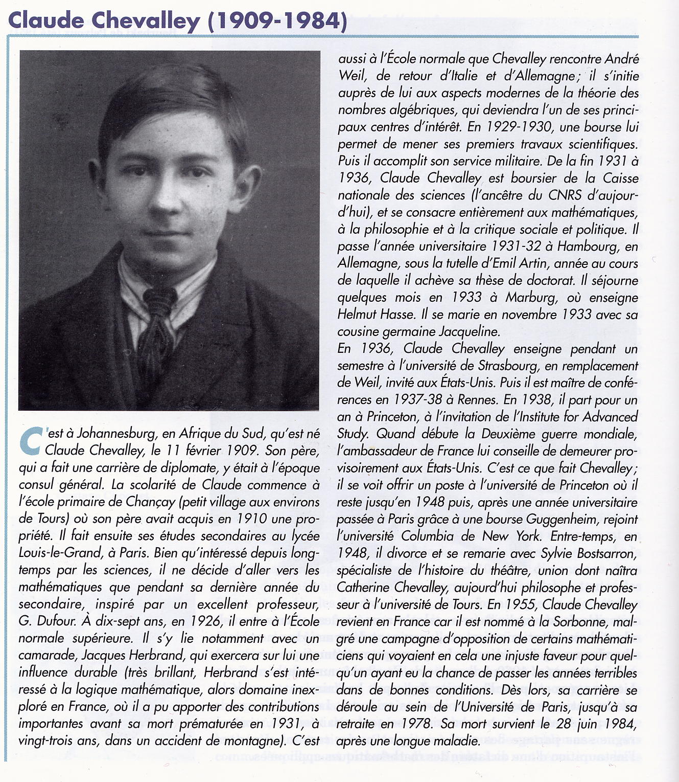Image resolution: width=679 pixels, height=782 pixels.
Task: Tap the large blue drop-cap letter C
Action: pos(30,440)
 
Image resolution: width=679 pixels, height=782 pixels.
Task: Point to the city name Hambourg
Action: pos(588,247)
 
